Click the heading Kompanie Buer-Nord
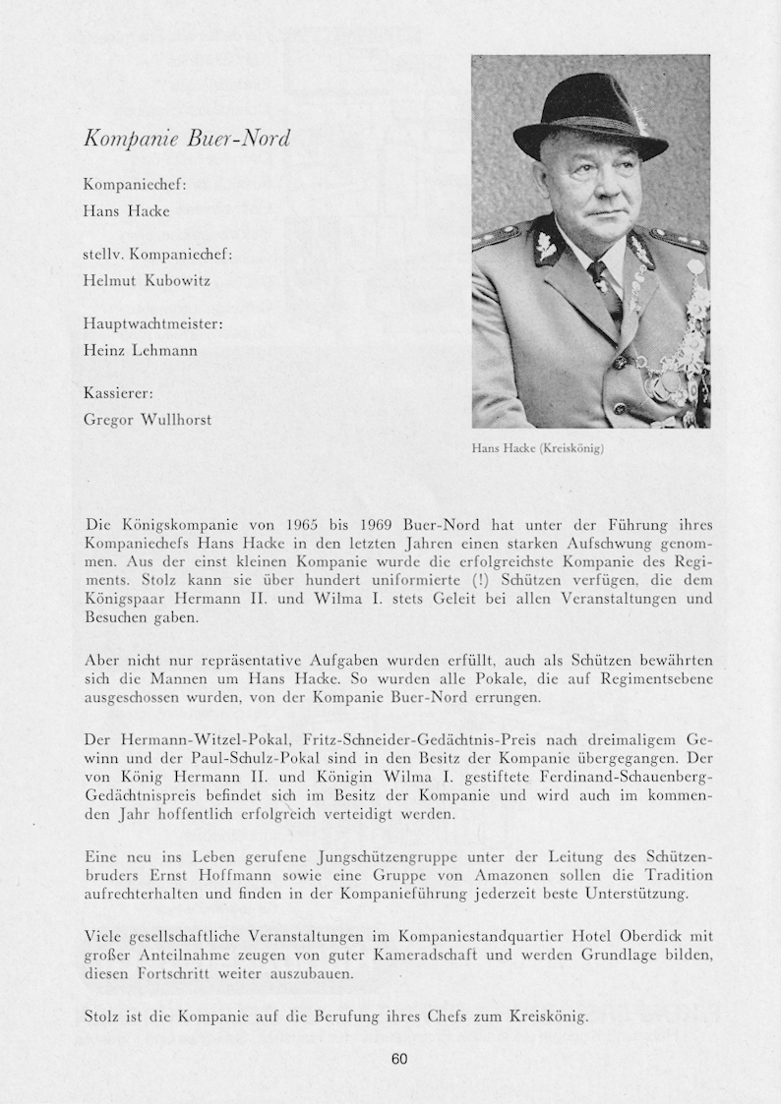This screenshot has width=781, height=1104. coord(187,139)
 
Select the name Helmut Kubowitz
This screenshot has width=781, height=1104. coord(147,280)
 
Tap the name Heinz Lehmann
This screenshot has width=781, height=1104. coord(140,350)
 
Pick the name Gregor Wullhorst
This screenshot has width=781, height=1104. coord(147,420)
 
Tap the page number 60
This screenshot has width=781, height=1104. coord(398,1059)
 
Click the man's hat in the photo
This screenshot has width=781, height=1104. coord(589,116)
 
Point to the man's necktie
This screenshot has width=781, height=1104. coord(601,280)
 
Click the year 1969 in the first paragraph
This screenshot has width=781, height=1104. coord(380,525)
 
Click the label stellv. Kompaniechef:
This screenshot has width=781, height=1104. coord(157,254)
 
